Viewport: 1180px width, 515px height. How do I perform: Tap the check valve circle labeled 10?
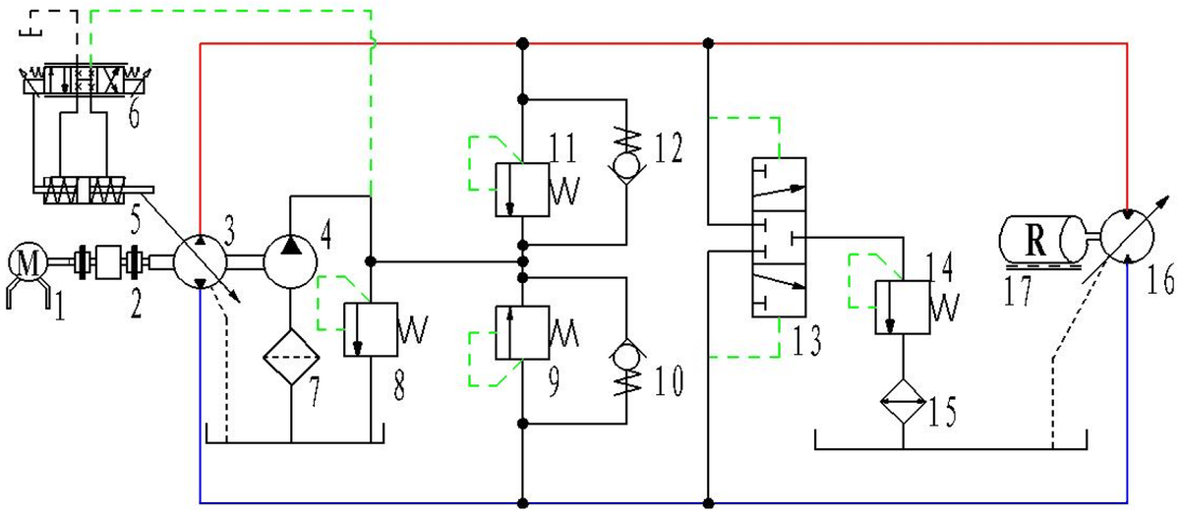click(x=625, y=352)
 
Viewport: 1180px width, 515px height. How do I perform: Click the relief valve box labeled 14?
click(x=901, y=308)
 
